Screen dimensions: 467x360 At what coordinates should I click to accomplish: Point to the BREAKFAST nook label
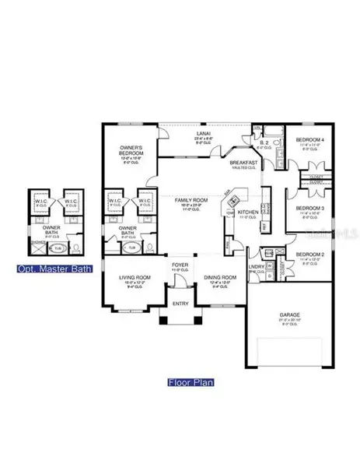(x=243, y=162)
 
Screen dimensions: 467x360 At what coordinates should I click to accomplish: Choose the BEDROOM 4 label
(x=308, y=139)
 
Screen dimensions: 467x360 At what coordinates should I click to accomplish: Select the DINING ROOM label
(x=220, y=277)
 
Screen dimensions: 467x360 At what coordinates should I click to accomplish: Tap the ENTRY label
(x=180, y=304)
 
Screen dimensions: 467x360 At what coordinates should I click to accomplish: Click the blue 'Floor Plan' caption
(x=189, y=383)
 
